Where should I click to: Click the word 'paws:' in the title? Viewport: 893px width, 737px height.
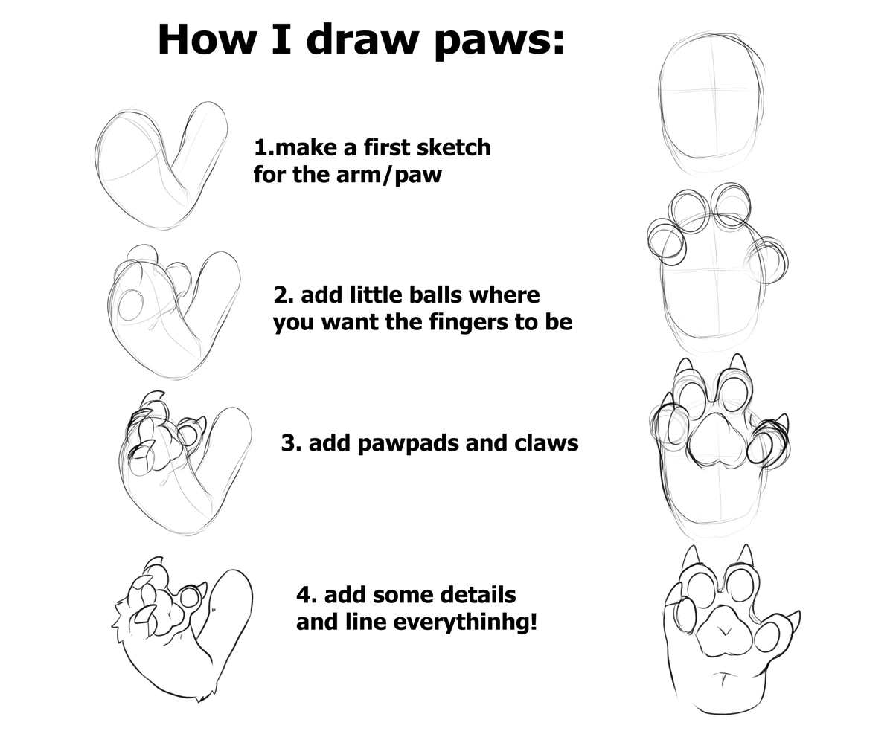click(499, 40)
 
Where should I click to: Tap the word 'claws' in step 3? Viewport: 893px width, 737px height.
click(546, 443)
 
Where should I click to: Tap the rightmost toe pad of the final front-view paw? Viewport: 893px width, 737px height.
click(767, 635)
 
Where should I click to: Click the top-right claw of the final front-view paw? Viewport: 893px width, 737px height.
click(745, 555)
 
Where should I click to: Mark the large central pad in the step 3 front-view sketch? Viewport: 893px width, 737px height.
click(716, 438)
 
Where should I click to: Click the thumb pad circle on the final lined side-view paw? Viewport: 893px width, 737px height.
click(191, 596)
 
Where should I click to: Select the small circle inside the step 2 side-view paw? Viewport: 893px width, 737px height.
click(132, 305)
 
